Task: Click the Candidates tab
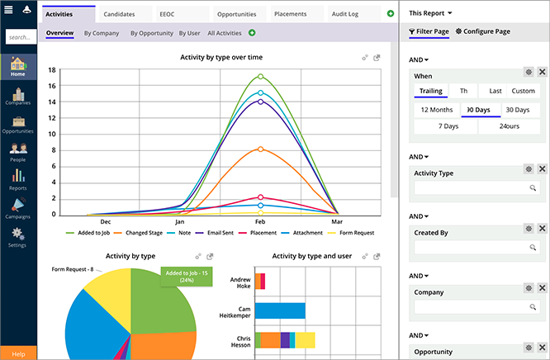(x=120, y=14)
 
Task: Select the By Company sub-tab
(x=102, y=33)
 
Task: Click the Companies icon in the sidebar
(x=17, y=96)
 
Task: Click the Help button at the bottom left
(x=18, y=353)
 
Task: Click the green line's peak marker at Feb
(x=261, y=77)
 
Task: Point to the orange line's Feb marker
(x=261, y=149)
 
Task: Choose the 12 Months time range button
(x=436, y=109)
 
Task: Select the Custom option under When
(x=522, y=91)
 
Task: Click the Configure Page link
(x=483, y=31)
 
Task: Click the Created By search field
(x=471, y=247)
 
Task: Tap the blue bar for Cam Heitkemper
(x=280, y=311)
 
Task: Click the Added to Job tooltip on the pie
(x=186, y=276)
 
